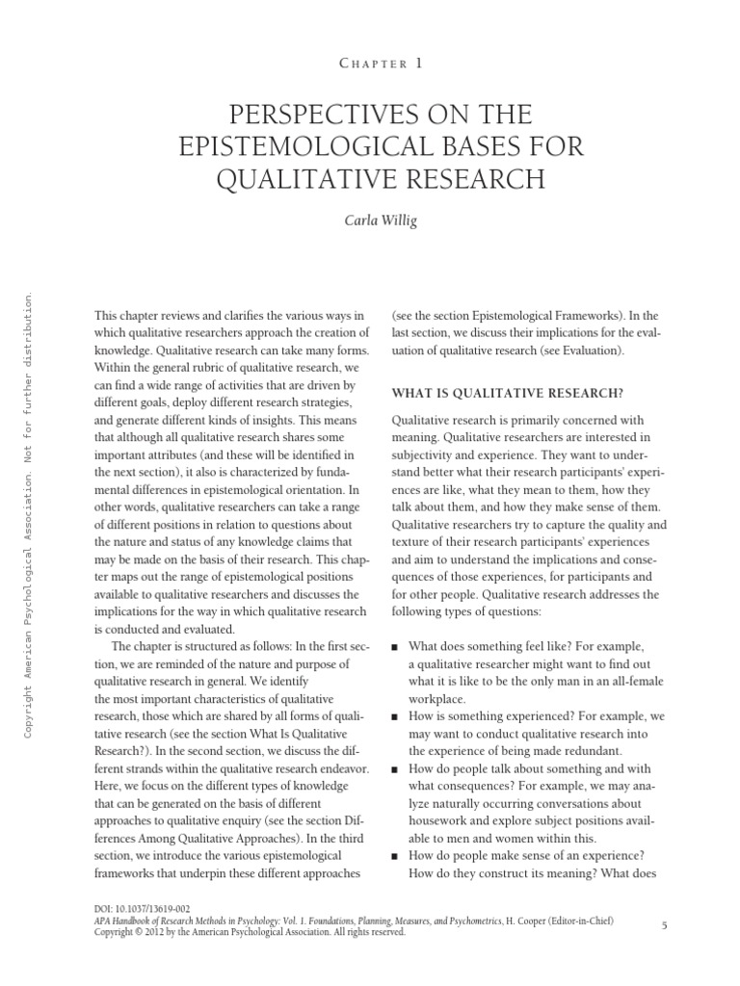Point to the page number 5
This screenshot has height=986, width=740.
tap(665, 924)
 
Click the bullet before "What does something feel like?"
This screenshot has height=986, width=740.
tap(396, 647)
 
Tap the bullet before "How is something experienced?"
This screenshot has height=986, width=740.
tap(396, 716)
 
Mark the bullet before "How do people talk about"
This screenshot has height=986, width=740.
tap(396, 769)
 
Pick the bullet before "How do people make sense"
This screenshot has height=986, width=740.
tap(396, 856)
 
